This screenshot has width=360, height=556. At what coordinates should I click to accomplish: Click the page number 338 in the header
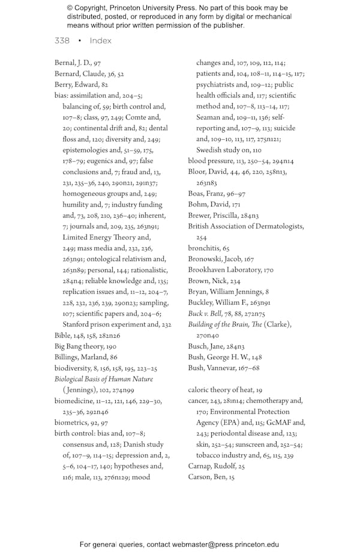[62, 41]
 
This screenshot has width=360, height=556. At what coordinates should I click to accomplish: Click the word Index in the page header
[101, 41]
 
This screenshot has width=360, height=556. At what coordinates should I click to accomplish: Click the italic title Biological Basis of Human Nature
[104, 379]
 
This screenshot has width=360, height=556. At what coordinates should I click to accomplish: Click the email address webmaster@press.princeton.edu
[226, 545]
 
